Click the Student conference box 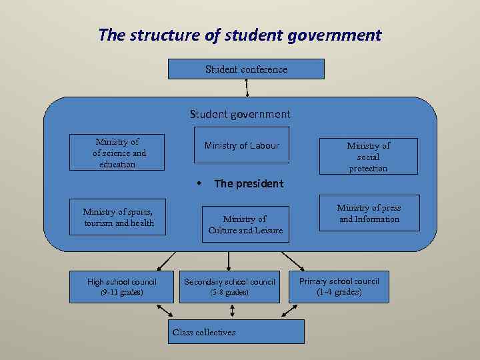click(x=246, y=69)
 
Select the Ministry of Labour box click(x=241, y=145)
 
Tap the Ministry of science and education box click(x=117, y=153)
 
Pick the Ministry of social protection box click(x=368, y=157)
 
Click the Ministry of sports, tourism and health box click(x=118, y=217)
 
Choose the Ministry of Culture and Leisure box click(x=245, y=225)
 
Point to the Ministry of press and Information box click(x=369, y=213)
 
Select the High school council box click(x=121, y=287)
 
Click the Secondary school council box click(x=229, y=287)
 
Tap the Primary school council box click(x=339, y=287)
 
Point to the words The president click(x=249, y=183)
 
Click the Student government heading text click(x=240, y=114)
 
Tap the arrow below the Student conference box click(x=247, y=88)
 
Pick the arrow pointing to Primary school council click(x=293, y=261)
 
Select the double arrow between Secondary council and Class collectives click(x=232, y=311)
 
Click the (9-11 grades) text click(x=121, y=293)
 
